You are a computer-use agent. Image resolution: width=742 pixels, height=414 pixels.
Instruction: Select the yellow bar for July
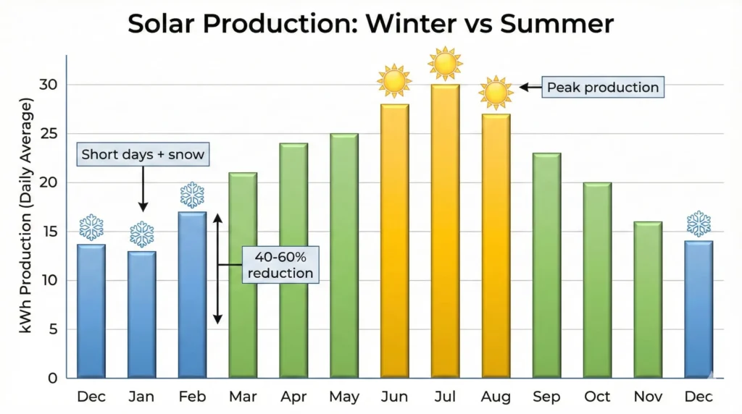pos(445,232)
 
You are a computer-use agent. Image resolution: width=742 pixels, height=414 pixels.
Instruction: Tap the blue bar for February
pos(192,295)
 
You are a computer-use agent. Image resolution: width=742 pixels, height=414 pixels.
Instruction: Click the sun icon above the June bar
pos(394,81)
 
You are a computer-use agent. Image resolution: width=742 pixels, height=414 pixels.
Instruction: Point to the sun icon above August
pos(496,92)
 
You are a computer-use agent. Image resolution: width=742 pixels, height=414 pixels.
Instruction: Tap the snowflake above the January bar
pos(142,235)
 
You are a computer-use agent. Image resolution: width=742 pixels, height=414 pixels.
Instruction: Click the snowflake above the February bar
pos(192,195)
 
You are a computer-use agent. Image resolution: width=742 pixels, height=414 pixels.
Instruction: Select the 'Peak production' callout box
pos(603,88)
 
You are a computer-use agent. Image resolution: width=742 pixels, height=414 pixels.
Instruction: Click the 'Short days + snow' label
pos(143,154)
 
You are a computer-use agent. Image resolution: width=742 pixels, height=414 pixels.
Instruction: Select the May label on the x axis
pos(344,397)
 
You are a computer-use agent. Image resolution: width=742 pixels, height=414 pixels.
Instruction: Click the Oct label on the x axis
pos(597,397)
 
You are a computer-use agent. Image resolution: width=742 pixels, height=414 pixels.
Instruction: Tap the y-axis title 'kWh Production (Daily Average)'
pos(27,219)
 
